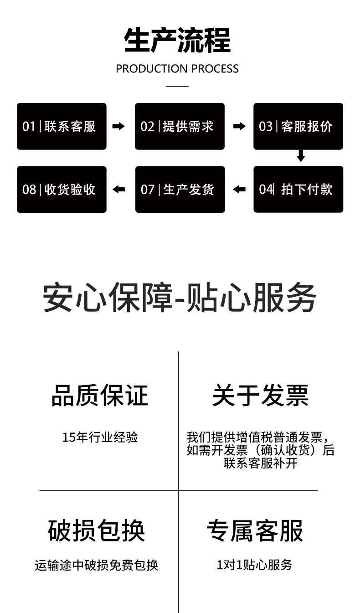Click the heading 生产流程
coord(177,41)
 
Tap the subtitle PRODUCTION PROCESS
coord(177,69)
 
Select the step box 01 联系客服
coord(62,126)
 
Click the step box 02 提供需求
coord(180,126)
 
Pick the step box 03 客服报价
coord(298,126)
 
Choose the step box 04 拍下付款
coord(298,189)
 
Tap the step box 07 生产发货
coord(180,189)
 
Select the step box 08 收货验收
coord(62,189)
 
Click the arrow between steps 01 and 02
coord(118,126)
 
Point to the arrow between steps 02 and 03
coord(239,126)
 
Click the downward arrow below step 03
coord(301,155)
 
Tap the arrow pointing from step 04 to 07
coord(239,189)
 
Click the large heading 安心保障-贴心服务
coord(180,298)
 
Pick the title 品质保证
coord(100,395)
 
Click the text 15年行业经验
coord(100,438)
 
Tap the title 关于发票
coord(260,395)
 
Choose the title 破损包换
coord(97,531)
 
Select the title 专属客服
coord(255,531)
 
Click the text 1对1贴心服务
coord(254,565)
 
